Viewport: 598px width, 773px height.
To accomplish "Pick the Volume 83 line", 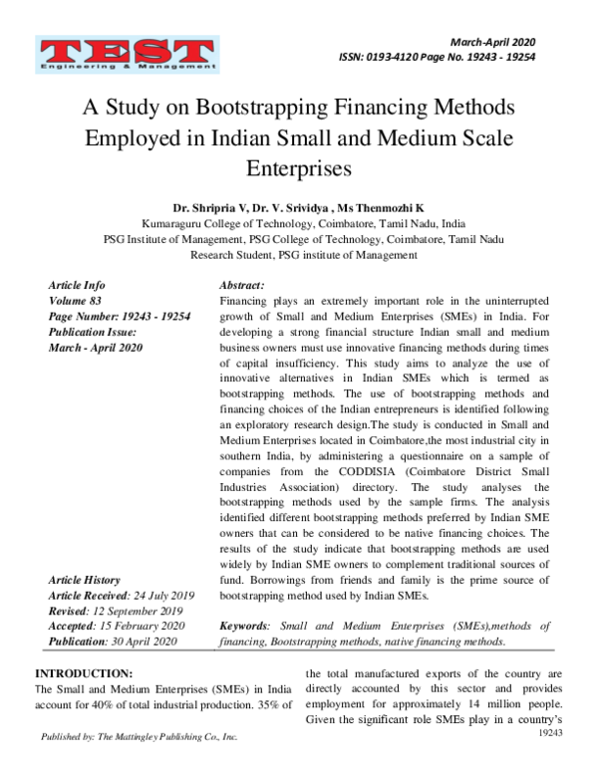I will click(x=79, y=300).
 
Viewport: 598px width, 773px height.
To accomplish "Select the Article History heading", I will click(x=84, y=580).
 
